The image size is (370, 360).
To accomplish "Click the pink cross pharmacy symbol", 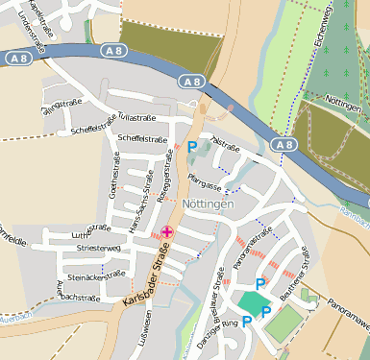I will [x=168, y=231].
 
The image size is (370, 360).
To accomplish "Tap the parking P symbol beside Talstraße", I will [x=192, y=147].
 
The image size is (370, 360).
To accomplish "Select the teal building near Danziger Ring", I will [x=251, y=301].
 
